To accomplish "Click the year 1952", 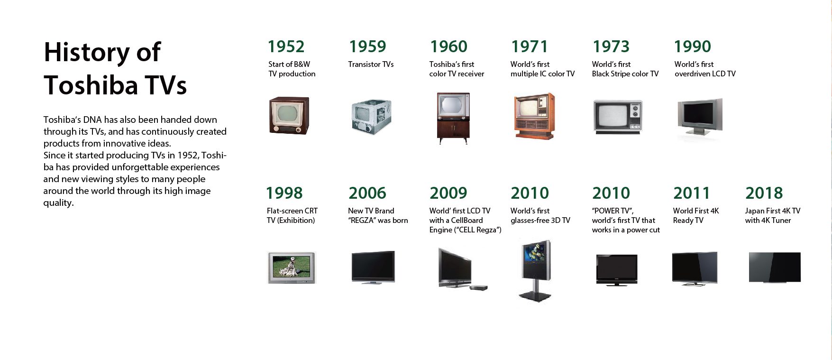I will click(x=286, y=46).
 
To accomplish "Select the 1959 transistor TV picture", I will click(x=371, y=117).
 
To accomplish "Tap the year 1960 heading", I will click(x=448, y=46).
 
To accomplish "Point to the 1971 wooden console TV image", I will click(x=534, y=116).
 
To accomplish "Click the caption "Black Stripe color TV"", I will click(x=625, y=74).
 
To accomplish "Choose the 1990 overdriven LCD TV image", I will click(x=700, y=117).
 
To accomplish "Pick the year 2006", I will click(x=367, y=193).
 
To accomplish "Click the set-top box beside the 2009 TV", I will click(x=478, y=287).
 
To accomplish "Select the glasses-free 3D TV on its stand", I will click(x=536, y=270).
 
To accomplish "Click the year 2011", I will click(x=692, y=193).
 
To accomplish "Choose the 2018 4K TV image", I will click(x=775, y=268).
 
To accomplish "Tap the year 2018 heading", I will click(x=764, y=193).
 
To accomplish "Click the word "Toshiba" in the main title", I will click(x=91, y=85).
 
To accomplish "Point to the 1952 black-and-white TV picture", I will click(x=289, y=115).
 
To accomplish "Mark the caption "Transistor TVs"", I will click(x=371, y=65).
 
